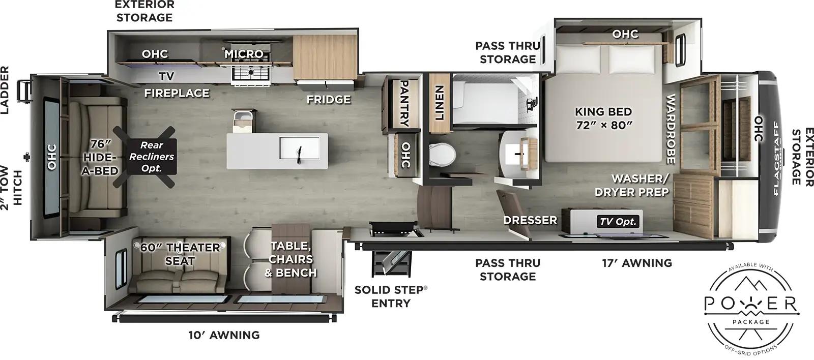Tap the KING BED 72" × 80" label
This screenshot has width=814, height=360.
603,118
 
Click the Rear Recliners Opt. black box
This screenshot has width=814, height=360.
151,156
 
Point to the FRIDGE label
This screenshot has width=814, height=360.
329,99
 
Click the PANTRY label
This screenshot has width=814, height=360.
404,102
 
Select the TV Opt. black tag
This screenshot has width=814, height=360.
618,221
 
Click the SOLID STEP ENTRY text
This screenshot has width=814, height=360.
391,296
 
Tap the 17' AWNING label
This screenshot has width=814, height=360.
637,263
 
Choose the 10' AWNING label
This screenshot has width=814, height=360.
224,335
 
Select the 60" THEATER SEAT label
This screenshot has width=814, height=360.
180,254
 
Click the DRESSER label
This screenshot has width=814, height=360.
530,220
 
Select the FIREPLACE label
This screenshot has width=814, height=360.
177,93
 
